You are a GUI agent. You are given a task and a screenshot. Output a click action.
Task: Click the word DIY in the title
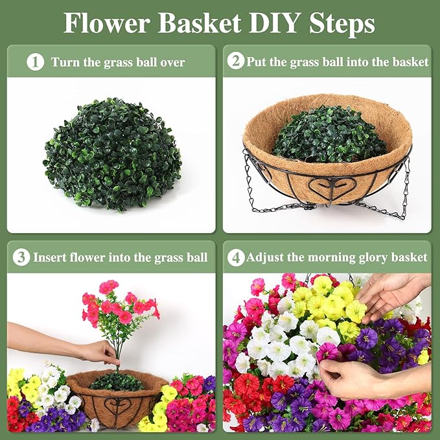[273, 23]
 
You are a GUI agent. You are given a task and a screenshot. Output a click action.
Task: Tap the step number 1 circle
[36, 62]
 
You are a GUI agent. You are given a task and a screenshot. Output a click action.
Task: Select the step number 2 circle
[236, 61]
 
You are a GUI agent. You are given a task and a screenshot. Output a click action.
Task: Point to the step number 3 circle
[21, 257]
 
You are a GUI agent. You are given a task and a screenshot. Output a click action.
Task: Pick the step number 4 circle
[236, 258]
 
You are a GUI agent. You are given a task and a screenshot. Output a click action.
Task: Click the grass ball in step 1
[112, 154]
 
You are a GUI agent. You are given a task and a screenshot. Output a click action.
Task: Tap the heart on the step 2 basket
[332, 186]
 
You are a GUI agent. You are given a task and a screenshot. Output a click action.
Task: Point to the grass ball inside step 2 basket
[329, 134]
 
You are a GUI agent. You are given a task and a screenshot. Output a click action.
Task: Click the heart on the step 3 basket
[117, 405]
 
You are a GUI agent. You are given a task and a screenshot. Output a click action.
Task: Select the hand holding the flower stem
[98, 353]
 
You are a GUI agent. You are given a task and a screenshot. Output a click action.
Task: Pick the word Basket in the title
[199, 23]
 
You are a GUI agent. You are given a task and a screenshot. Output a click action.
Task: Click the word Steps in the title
[342, 23]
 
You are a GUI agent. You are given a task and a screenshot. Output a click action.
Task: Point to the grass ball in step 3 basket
[117, 381]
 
